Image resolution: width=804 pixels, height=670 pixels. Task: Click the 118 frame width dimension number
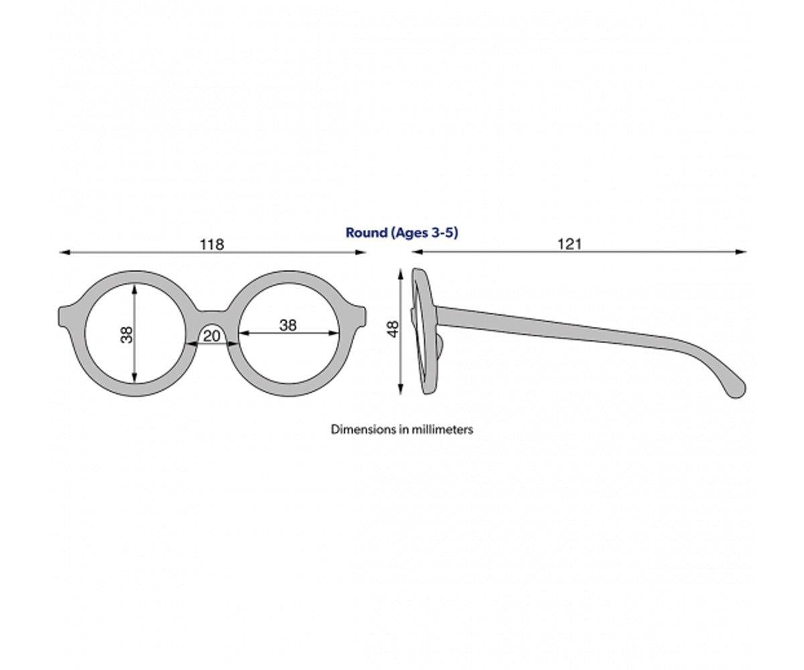coord(212,244)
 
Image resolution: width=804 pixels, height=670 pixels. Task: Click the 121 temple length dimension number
coord(569,244)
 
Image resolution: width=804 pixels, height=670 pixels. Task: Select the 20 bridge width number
coord(212,336)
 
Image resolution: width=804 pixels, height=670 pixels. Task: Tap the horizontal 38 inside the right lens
coord(288,325)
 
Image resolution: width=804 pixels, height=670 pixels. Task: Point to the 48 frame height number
coord(393,328)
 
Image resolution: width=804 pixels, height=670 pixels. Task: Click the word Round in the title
coord(366,232)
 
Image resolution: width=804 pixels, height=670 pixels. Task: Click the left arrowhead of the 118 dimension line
coord(64,253)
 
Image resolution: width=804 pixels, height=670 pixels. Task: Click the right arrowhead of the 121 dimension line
coord(742,253)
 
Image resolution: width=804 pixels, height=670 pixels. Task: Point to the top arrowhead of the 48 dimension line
coord(401,274)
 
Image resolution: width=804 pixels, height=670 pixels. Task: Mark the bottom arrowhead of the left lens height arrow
coord(135,380)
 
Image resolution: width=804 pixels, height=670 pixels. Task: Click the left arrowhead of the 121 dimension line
coord(415,253)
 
